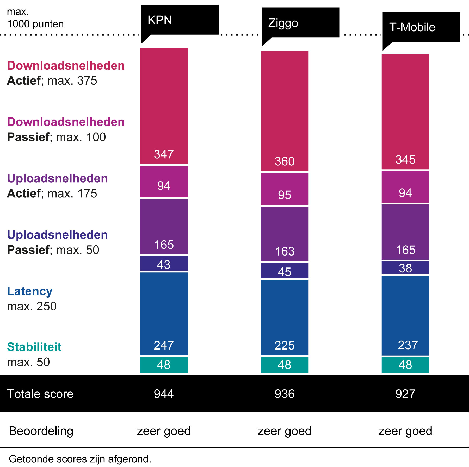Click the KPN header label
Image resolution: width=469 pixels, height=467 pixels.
pyautogui.click(x=160, y=20)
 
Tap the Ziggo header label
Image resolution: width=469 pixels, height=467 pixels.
pyautogui.click(x=283, y=23)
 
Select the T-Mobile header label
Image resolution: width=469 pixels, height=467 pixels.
pyautogui.click(x=412, y=27)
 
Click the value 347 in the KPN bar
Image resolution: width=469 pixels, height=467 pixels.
pyautogui.click(x=164, y=154)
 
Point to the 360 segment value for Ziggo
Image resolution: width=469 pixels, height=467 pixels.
pyautogui.click(x=285, y=161)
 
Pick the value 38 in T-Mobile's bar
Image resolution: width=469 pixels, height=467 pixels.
pyautogui.click(x=405, y=268)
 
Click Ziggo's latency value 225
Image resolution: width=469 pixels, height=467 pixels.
pyautogui.click(x=285, y=345)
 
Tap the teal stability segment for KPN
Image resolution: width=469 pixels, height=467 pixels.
pyautogui.click(x=164, y=365)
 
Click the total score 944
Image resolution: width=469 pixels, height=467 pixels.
pyautogui.click(x=164, y=394)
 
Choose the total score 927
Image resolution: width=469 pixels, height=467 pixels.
pyautogui.click(x=405, y=394)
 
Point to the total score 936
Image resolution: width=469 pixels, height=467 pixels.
pyautogui.click(x=285, y=394)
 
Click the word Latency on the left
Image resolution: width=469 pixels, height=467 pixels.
pyautogui.click(x=30, y=291)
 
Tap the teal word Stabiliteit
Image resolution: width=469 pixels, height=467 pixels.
pyautogui.click(x=34, y=347)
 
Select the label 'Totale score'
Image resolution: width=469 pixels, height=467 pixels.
pyautogui.click(x=40, y=394)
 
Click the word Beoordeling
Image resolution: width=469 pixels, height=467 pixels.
pyautogui.click(x=41, y=431)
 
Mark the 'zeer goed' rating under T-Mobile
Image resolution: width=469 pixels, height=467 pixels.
pyautogui.click(x=405, y=431)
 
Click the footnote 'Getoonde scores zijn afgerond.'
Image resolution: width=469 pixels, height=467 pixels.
pyautogui.click(x=80, y=459)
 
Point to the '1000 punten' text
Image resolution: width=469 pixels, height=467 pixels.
pyautogui.click(x=35, y=24)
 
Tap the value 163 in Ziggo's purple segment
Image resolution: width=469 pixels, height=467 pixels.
pyautogui.click(x=285, y=251)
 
